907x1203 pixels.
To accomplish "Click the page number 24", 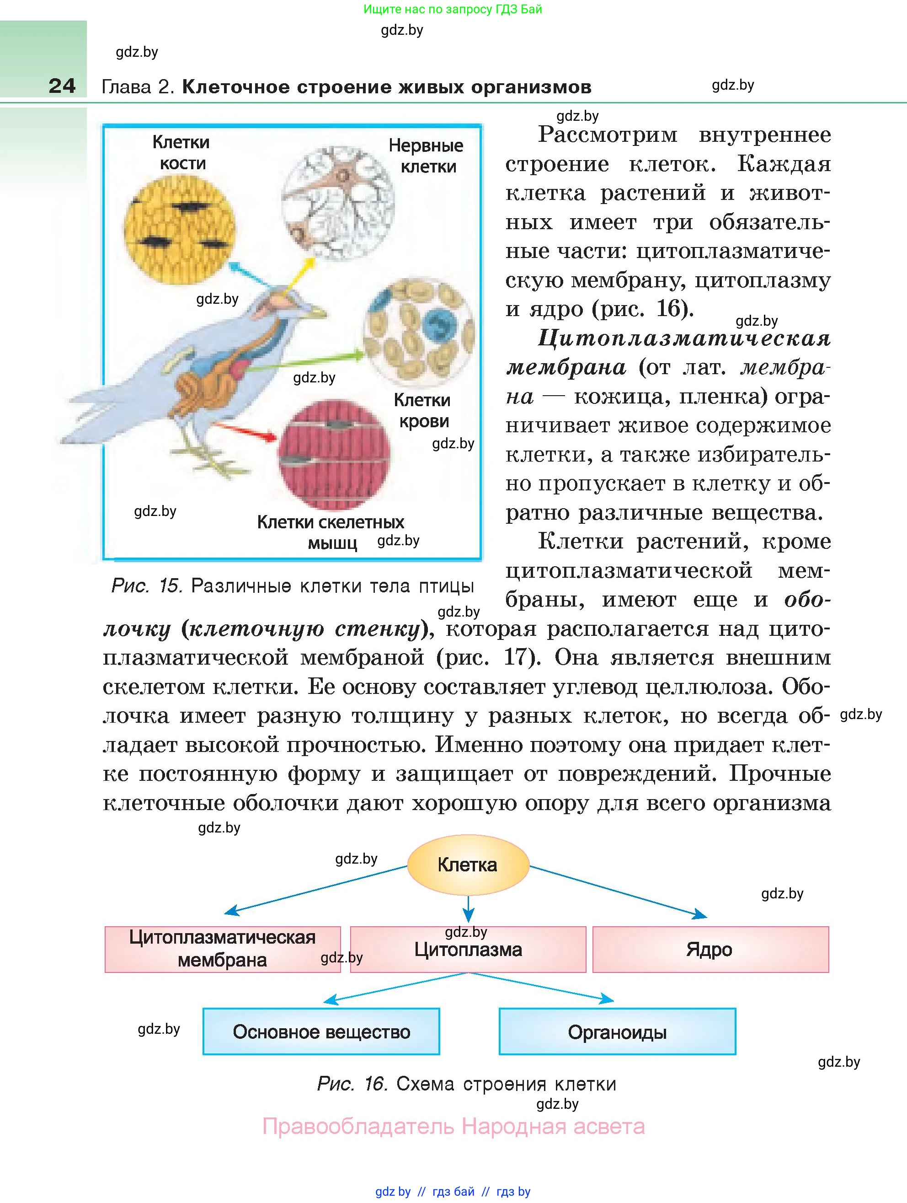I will [x=62, y=86].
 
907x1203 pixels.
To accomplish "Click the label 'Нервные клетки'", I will [x=426, y=156].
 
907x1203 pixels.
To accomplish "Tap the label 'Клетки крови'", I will [x=422, y=411].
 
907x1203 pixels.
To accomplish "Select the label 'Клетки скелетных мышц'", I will [x=331, y=532].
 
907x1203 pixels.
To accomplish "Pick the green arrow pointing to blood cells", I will [x=304, y=362].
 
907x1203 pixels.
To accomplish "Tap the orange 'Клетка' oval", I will [x=468, y=865].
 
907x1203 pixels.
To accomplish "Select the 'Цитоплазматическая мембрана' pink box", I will [x=222, y=949].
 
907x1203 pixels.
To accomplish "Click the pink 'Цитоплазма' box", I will [x=468, y=949].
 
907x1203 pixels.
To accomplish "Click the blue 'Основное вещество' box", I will [x=321, y=1031].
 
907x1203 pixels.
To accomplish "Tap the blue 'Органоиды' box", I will [x=617, y=1031].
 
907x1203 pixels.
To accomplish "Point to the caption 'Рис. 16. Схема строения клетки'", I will [x=466, y=1084].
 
